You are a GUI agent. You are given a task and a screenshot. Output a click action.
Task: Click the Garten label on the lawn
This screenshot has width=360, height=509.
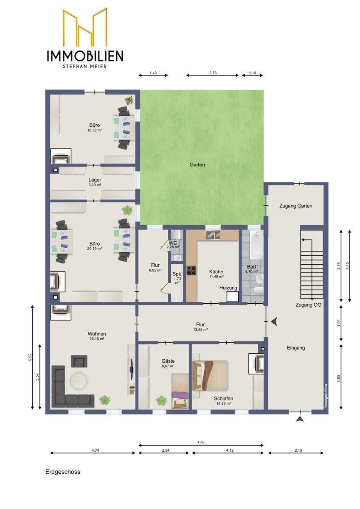coord(197,165)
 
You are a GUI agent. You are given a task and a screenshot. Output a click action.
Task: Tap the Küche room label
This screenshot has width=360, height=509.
coord(216,271)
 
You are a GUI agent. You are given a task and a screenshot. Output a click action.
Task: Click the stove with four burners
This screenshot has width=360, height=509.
coord(191,270)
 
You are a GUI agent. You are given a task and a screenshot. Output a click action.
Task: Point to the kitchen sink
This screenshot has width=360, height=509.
coord(213,235)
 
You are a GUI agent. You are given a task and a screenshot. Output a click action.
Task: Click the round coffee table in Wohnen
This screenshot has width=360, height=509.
coord(78,381)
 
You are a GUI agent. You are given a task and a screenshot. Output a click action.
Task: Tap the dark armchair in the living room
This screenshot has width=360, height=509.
coord(79,361)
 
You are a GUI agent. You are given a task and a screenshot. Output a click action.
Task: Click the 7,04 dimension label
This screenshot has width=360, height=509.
coord(201,442)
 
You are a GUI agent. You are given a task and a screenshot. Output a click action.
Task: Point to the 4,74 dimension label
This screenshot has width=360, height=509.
coord(93,450)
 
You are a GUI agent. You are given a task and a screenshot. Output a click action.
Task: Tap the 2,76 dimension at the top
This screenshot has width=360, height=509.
coord(213,73)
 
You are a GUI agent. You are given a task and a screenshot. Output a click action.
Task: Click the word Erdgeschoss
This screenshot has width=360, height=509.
coord(63,472)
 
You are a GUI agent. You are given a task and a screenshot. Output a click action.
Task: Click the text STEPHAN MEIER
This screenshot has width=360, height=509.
coord(85,67)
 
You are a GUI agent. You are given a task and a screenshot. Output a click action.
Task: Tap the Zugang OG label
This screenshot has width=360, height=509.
coord(308,305)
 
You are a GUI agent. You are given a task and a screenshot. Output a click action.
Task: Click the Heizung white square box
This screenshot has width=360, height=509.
coord(232,296)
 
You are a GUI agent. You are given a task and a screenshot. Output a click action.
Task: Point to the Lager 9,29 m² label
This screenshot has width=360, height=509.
coord(95,182)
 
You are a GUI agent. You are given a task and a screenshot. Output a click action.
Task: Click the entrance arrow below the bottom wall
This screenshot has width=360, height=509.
coord(300,419)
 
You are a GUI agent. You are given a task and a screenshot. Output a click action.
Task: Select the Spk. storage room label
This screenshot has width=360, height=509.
coord(177,274)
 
